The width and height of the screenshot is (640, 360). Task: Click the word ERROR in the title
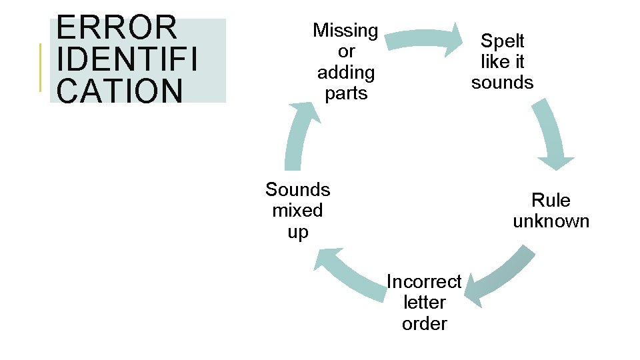117,28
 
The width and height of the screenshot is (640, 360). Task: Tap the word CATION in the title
120,91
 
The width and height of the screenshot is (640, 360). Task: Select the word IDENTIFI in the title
127,60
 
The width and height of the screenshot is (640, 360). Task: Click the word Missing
345,30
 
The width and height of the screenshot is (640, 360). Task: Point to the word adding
345,72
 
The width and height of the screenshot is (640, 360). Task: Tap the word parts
345,93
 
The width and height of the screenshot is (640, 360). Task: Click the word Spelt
503,41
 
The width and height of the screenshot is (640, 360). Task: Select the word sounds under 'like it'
503,83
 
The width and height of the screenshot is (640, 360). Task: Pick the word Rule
551,200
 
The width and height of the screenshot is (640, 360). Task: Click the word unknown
551,221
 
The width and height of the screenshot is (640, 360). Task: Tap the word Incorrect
424,282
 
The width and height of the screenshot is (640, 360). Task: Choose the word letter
424,303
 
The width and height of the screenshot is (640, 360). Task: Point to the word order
424,324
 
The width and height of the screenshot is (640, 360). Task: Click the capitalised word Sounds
297,189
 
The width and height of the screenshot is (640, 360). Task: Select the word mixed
297,211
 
